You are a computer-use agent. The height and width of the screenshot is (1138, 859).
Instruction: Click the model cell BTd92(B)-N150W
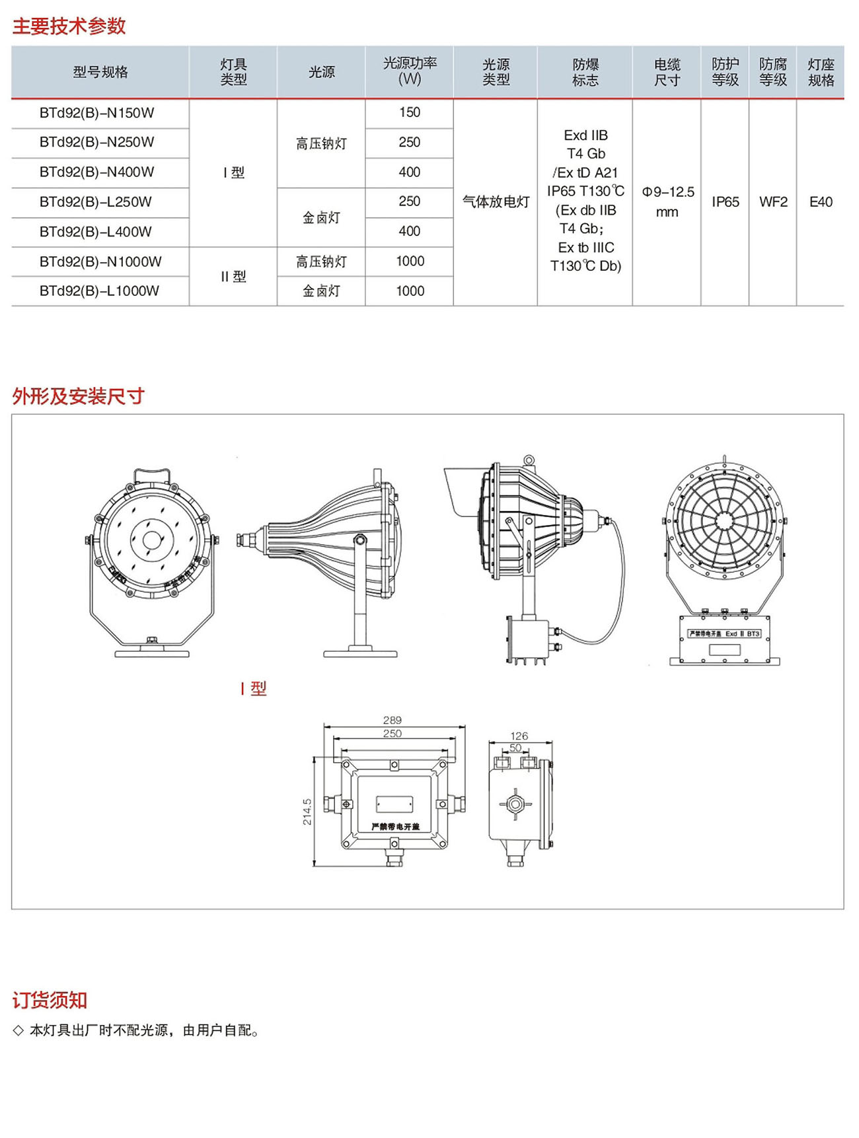pos(96,113)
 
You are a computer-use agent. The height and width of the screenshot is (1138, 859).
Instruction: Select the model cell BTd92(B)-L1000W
pos(99,291)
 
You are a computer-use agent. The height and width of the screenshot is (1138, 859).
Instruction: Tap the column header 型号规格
pos(100,72)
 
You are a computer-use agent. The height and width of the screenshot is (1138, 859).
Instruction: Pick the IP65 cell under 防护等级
pos(725,202)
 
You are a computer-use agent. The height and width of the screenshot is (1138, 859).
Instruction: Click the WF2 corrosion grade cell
pos(773,202)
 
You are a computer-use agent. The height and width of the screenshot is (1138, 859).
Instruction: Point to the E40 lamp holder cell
pos(821,202)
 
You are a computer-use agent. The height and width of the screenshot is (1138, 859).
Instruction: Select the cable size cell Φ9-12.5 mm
pos(667,201)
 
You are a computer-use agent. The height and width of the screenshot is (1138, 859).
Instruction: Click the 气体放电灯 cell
pos(496,202)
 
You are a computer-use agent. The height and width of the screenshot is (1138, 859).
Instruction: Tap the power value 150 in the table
pos(410,113)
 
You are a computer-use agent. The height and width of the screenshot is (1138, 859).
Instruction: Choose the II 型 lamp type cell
pos(233,277)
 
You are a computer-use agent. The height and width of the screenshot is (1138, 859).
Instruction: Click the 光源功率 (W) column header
pos(410,71)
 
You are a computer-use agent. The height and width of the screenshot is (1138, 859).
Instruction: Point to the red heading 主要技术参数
pos(69,26)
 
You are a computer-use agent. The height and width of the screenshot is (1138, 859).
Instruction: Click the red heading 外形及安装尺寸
pos(78,396)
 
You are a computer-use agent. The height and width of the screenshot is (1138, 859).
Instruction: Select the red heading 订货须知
pos(50,1001)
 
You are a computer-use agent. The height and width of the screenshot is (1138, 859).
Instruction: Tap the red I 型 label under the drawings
pos(254,689)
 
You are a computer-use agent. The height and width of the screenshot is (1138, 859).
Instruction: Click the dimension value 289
pos(392,720)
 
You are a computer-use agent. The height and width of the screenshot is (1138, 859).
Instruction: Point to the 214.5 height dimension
pos(307,812)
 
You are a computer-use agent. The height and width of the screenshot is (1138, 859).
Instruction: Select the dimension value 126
pos(519,736)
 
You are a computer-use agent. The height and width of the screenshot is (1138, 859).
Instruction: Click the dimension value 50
pos(515,748)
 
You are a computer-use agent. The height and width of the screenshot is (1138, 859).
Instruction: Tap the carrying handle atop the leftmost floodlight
pos(152,474)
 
